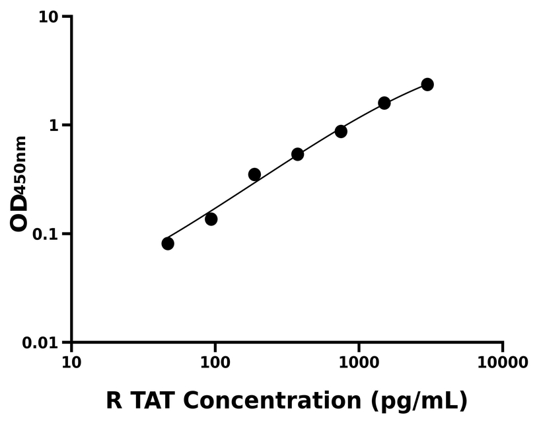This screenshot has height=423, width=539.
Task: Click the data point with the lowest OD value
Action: [168, 244]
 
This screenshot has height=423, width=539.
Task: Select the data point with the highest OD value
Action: [427, 85]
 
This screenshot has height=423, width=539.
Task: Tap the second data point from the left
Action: [211, 219]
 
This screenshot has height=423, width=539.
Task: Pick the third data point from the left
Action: [254, 174]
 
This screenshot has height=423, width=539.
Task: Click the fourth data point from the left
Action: [298, 155]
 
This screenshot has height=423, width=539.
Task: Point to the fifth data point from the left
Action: [341, 132]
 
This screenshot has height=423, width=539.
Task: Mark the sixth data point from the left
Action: [384, 103]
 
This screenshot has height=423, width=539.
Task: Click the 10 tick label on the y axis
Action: [47, 17]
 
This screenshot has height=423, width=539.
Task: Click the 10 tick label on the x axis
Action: [71, 362]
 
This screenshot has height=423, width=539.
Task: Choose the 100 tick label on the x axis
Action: [215, 362]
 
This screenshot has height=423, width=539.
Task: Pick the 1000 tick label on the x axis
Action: [359, 362]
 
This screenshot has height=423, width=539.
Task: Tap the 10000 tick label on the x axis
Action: [503, 362]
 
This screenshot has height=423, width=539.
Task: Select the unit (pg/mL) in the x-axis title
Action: [419, 401]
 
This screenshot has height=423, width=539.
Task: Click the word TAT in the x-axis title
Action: [153, 401]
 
